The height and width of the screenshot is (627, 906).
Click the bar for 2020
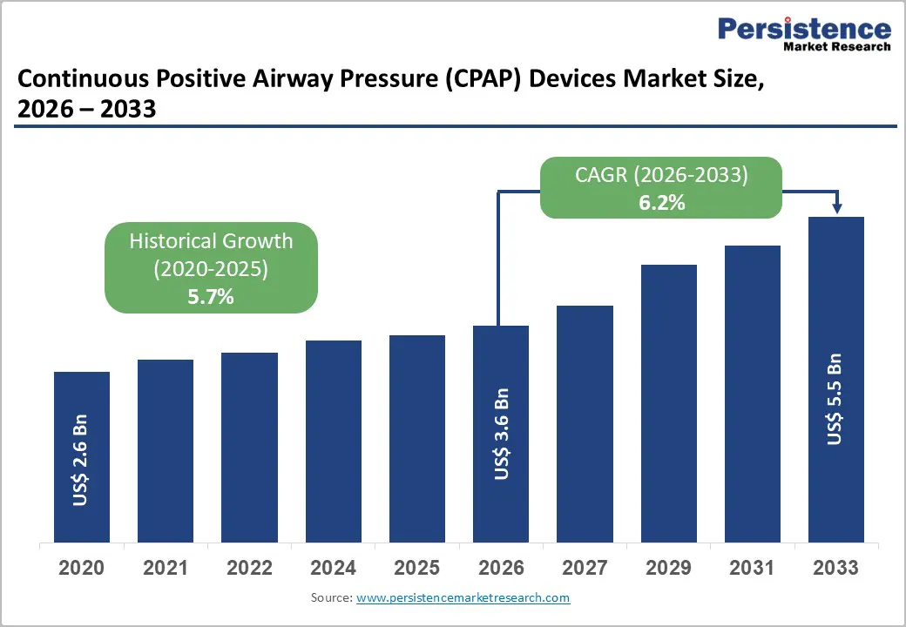point(82,456)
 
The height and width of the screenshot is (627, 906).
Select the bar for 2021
point(166,450)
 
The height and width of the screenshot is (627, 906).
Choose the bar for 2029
point(668,403)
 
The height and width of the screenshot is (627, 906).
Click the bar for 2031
point(752,394)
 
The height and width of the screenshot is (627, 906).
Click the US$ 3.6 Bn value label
point(501,434)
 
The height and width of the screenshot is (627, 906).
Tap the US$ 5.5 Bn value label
point(835,400)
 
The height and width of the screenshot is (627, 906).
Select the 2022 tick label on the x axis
point(249,569)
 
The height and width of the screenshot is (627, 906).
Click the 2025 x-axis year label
point(416,569)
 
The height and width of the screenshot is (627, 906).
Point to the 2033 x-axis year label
point(835,569)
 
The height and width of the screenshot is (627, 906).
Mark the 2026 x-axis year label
point(501,569)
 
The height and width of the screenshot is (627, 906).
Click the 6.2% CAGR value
point(661,203)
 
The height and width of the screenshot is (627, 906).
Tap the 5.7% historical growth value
point(211,297)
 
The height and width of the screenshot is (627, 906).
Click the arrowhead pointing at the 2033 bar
point(836,208)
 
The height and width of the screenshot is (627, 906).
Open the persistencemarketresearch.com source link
point(463,598)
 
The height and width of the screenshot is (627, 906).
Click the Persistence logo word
point(804,29)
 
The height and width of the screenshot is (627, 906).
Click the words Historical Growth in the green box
point(211,241)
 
